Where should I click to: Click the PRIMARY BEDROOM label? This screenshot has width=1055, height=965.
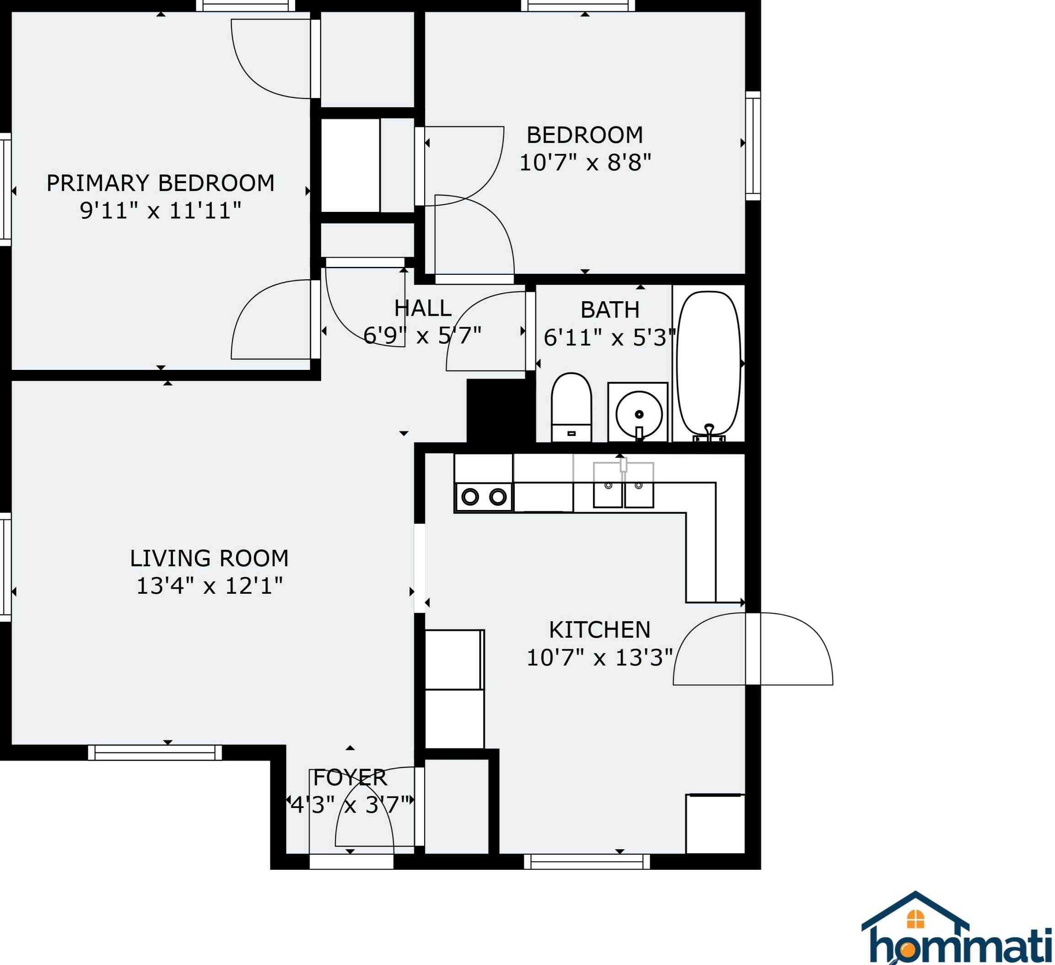(x=161, y=183)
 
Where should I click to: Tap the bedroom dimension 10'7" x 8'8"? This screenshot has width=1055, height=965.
(x=585, y=163)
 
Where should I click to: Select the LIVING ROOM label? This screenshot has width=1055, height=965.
(x=210, y=558)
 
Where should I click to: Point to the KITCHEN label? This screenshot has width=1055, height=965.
(x=600, y=629)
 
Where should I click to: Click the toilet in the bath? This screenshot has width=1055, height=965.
(x=571, y=407)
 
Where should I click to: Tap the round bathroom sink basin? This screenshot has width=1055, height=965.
(x=639, y=414)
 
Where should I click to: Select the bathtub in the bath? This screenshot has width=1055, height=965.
(x=709, y=365)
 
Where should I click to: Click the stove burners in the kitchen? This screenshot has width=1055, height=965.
(x=484, y=496)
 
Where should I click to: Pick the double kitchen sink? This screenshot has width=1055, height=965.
(x=623, y=485)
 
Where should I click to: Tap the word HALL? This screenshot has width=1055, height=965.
(x=423, y=308)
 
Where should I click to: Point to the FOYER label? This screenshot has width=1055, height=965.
(x=350, y=778)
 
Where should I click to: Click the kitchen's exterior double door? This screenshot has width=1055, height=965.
(x=753, y=648)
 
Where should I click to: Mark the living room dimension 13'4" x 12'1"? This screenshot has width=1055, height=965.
(x=210, y=586)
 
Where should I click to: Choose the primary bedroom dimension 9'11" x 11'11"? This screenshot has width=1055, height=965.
(x=161, y=211)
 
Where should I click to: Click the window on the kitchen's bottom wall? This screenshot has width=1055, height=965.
(x=587, y=862)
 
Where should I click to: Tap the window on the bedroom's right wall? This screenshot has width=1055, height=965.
(x=753, y=146)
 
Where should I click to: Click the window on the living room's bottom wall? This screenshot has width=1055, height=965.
(x=155, y=753)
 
